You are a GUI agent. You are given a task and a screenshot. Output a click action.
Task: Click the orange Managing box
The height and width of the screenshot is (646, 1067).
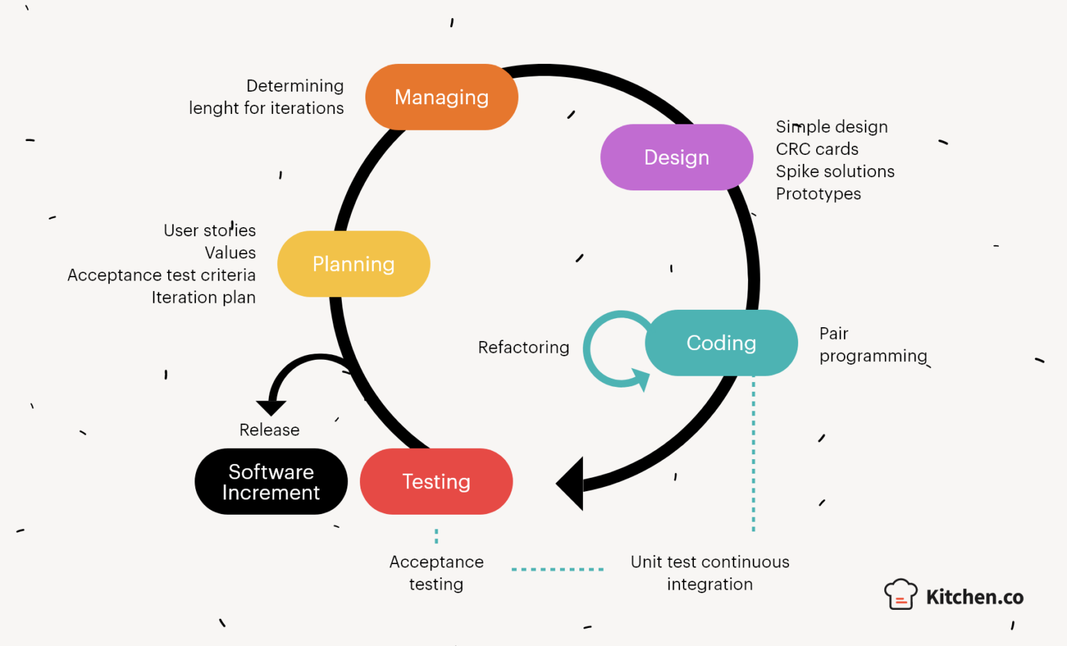point(442,97)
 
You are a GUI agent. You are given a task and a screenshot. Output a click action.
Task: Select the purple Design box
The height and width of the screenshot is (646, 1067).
point(677,157)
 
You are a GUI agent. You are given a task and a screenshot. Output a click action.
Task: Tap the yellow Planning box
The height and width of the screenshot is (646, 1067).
point(354,264)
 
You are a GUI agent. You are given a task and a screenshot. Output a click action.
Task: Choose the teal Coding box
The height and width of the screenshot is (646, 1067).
point(721,343)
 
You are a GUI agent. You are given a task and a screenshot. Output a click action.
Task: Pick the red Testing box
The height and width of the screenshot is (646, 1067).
point(436,481)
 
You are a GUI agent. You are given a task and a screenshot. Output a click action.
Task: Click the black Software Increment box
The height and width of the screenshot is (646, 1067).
point(271,481)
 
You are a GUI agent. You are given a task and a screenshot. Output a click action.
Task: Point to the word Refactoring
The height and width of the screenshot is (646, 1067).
point(523,347)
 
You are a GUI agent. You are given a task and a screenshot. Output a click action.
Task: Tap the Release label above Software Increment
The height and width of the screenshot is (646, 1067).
point(270,430)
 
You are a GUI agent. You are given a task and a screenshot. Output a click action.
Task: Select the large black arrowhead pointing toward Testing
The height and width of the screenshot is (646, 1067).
point(571,483)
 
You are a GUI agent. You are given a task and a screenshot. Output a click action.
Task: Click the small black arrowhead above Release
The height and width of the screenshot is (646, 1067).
point(271,407)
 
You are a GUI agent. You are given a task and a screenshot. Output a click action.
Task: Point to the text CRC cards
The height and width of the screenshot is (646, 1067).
point(817,149)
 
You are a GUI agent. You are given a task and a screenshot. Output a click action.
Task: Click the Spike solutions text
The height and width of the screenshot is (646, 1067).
point(835,172)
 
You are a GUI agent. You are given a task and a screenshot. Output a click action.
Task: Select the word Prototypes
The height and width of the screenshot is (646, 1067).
point(818,194)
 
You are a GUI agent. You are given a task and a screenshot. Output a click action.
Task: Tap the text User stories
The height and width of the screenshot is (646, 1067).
point(210,231)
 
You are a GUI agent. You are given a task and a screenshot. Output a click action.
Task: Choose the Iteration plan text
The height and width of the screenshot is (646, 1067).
point(204,297)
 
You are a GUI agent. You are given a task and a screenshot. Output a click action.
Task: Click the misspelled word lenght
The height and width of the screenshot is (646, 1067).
point(213,108)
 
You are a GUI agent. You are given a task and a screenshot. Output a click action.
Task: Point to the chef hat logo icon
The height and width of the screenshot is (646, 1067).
point(900,595)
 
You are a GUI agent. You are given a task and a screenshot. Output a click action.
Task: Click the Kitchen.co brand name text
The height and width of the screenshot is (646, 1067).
point(975,597)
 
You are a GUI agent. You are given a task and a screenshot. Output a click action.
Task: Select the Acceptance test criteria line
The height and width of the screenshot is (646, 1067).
point(161,275)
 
